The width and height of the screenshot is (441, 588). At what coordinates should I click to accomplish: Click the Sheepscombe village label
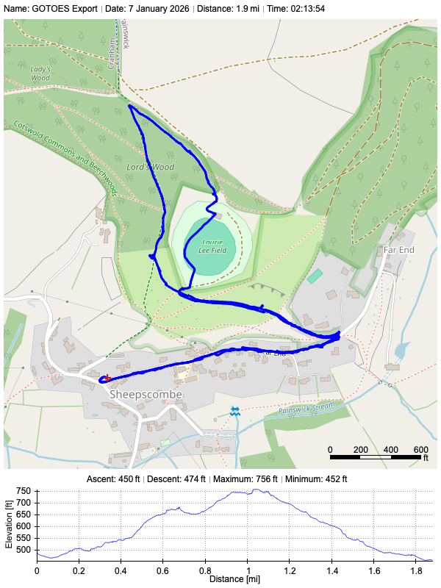[x=145, y=394]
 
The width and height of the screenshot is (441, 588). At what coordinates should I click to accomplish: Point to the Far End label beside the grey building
[x=399, y=250]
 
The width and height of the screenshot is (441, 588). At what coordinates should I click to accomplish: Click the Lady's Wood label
[x=40, y=73]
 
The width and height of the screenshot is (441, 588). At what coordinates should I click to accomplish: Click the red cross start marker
[x=107, y=378]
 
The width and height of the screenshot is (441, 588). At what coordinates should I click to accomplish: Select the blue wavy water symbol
[x=234, y=411]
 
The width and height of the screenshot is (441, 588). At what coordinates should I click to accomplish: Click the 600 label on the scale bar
[x=420, y=450]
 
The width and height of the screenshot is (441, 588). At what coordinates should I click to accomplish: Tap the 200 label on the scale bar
[x=360, y=450]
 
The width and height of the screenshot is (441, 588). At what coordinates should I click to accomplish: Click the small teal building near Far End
[x=315, y=276]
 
